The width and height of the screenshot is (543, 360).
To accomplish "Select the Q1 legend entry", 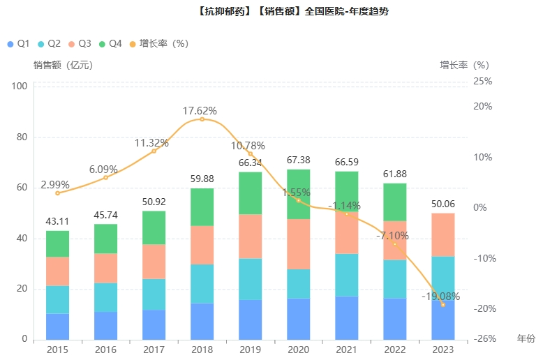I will pyautogui.click(x=18, y=43).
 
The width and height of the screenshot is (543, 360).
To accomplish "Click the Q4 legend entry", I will pyautogui.click(x=111, y=43).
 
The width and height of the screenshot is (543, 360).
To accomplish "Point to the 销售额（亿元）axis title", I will pyautogui.click(x=63, y=65).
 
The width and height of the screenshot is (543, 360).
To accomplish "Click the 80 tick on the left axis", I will pyautogui.click(x=20, y=137).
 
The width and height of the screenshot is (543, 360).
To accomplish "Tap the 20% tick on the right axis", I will pyautogui.click(x=483, y=107).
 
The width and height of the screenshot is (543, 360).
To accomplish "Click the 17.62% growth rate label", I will pyautogui.click(x=200, y=110).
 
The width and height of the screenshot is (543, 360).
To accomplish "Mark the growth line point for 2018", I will pyautogui.click(x=202, y=119).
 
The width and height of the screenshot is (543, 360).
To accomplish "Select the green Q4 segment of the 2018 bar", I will pyautogui.click(x=202, y=207).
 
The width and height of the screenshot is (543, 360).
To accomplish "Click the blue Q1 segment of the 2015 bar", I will pyautogui.click(x=57, y=327).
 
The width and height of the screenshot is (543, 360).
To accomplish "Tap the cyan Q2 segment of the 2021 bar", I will pyautogui.click(x=346, y=275).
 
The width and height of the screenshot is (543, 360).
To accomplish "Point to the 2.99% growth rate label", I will pyautogui.click(x=55, y=184).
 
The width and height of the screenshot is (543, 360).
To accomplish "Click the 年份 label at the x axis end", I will pyautogui.click(x=526, y=338).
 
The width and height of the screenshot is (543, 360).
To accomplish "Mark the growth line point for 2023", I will pyautogui.click(x=443, y=305).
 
